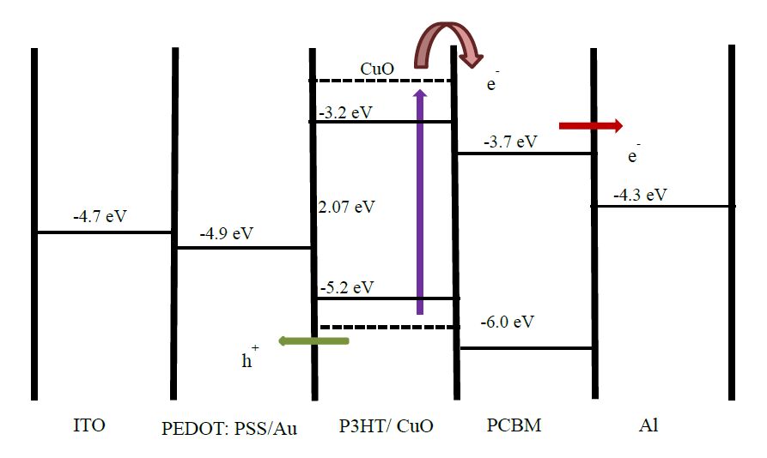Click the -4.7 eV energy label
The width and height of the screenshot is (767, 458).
tap(100, 216)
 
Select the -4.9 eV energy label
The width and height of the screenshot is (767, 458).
tap(226, 233)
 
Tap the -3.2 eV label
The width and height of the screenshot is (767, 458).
tap(345, 112)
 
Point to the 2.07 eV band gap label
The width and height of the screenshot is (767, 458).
tap(347, 207)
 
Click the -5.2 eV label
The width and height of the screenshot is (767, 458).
tap(346, 287)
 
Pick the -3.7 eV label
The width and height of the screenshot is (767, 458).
tap(510, 142)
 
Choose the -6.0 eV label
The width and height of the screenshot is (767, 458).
tap(507, 322)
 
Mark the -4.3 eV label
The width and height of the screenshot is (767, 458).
tap(640, 195)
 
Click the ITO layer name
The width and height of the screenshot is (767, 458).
tap(90, 425)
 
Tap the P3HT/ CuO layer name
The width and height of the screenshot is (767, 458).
tap(386, 426)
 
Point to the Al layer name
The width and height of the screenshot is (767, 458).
tap(648, 425)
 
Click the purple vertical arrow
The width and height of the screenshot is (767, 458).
tap(420, 202)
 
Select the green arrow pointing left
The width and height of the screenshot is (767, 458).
tap(313, 341)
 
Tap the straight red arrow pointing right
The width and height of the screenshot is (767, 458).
tap(591, 126)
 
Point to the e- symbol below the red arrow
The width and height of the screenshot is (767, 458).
tap(634, 157)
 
